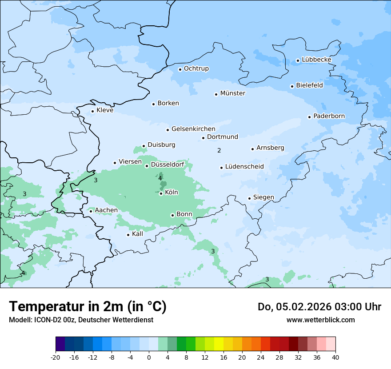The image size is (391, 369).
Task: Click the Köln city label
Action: [171, 193]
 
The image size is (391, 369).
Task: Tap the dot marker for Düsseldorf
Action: [147, 166]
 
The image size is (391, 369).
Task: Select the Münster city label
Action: [232, 93]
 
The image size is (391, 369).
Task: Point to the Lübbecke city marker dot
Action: [298, 60]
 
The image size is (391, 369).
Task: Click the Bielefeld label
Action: [309, 85]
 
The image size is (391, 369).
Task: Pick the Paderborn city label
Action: [329, 116]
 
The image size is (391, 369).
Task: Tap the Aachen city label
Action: [106, 210]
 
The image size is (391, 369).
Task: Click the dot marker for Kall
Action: [128, 235]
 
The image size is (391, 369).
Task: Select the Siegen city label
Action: [263, 197]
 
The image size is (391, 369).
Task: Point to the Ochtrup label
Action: [196, 68]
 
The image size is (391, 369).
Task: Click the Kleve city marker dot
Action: [92, 111]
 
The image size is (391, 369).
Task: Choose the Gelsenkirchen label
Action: [193, 129]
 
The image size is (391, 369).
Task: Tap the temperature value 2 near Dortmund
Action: [219, 151]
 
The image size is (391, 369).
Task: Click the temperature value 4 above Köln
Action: [160, 178]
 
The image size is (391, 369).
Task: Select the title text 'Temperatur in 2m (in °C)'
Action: [88, 307]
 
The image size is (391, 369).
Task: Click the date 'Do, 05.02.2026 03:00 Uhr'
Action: [319, 307]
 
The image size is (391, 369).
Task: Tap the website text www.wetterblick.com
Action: [320, 320]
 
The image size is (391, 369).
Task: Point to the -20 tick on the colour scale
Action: [56, 357]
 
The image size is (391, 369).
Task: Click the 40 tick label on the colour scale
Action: [335, 357]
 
